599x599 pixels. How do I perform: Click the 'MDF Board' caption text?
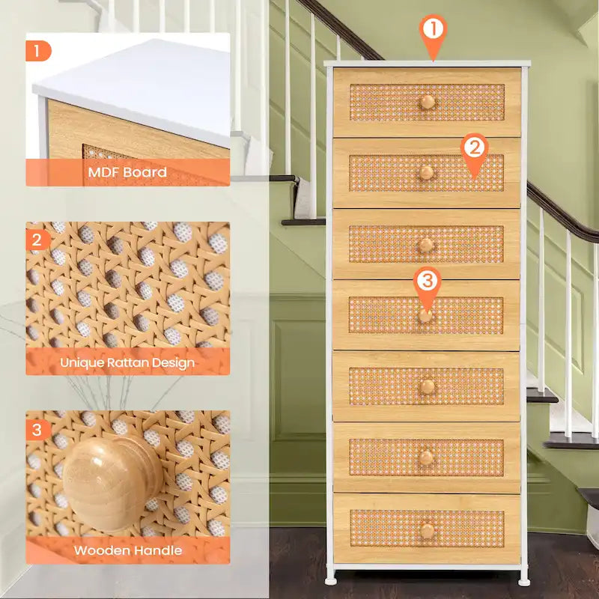[x=127, y=172]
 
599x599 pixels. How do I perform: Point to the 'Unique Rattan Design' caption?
[x=127, y=363]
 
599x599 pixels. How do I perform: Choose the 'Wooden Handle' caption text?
[x=127, y=550]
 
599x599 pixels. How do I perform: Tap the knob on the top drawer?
[x=427, y=102]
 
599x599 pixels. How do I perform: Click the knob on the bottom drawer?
[x=427, y=530]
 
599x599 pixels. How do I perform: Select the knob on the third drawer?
[x=426, y=245]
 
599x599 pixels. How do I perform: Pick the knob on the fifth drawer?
[x=427, y=387]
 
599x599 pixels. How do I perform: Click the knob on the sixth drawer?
[x=426, y=457]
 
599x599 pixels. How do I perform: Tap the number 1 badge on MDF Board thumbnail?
[x=38, y=51]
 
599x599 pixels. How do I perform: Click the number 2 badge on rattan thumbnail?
[x=38, y=240]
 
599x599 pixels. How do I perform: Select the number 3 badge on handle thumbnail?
[x=38, y=429]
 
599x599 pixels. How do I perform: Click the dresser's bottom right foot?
[x=524, y=579]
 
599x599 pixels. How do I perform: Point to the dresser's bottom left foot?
[x=330, y=579]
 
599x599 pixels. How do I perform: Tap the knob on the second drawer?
[x=426, y=173]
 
